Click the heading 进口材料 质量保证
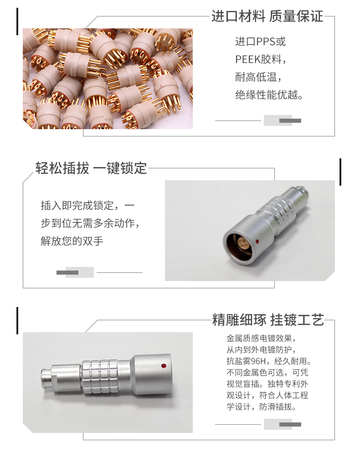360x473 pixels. [267, 16]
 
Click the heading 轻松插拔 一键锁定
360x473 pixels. [91, 168]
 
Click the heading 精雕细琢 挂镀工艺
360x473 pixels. [268, 320]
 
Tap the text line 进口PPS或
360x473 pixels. [260, 42]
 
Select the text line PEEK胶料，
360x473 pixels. [261, 59]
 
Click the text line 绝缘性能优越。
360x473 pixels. [269, 95]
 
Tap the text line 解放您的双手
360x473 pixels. [72, 241]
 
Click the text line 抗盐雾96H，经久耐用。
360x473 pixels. [269, 361]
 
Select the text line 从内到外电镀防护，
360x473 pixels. [262, 350]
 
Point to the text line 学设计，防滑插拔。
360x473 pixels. [262, 407]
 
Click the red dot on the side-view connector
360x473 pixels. [164, 366]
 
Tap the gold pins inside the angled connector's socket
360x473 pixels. [242, 241]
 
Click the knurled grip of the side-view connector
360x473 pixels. [100, 377]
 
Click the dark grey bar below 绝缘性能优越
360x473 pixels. [290, 121]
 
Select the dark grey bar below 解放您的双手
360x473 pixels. [67, 273]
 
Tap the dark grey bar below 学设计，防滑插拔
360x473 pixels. [290, 425]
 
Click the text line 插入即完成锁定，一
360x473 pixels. [87, 205]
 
